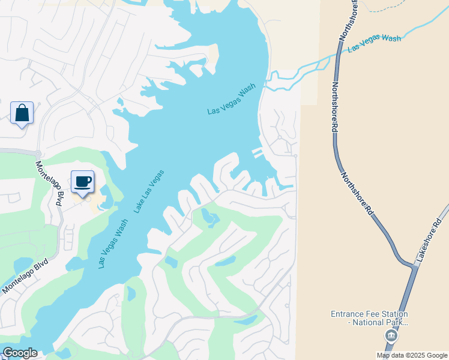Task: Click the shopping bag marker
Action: coord(22,113)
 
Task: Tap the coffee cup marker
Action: coord(82,182)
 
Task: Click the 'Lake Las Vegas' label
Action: coord(149,191)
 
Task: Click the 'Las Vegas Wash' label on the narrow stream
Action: coord(374,43)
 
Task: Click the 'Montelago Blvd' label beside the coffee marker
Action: coord(49,184)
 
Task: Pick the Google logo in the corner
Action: coord(20,353)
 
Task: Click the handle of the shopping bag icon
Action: coord(22,107)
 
